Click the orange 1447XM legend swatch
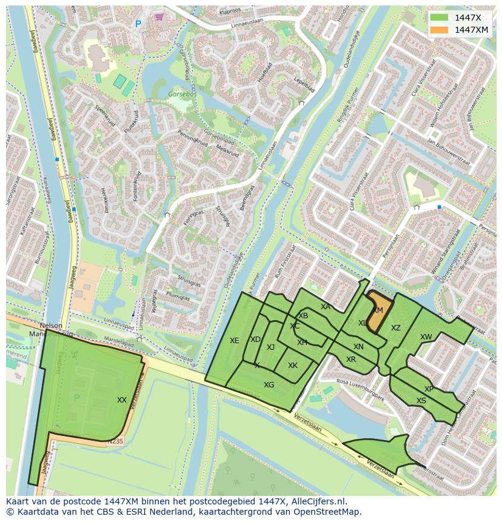440,30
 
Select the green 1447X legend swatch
440,18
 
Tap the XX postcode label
122,400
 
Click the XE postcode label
235,341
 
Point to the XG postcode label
269,385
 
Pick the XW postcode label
426,337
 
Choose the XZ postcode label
396,328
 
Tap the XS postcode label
421,401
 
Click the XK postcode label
293,366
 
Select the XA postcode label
326,307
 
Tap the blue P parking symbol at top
138,24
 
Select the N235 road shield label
115,441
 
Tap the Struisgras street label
190,282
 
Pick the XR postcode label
351,360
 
